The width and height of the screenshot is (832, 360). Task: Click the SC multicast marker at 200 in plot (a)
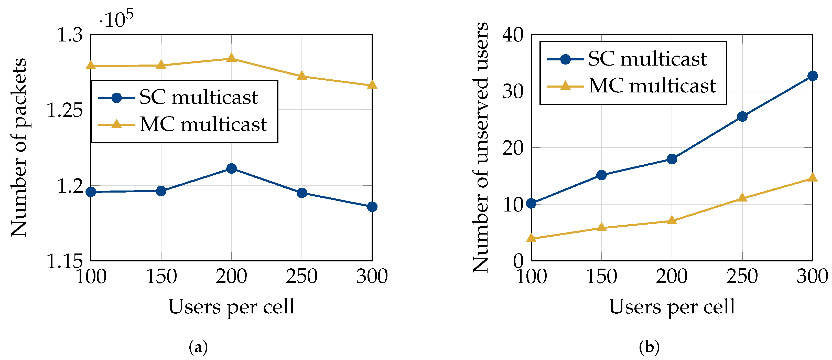231,168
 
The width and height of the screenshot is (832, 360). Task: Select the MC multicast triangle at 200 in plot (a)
231,58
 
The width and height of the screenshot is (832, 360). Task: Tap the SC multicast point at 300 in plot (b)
812,76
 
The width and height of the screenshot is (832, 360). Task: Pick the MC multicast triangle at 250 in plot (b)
742,198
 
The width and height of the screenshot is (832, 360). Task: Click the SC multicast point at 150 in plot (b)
601,175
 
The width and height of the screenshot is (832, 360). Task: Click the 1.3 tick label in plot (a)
70,35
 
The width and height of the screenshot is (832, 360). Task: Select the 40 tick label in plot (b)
513,35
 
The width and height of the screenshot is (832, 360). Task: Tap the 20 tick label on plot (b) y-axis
513,148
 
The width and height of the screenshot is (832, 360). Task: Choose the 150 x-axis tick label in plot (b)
601,276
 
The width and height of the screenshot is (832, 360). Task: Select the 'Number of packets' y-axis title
19,147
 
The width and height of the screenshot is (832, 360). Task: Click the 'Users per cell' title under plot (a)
231,306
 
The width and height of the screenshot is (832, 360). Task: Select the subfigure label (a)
198,347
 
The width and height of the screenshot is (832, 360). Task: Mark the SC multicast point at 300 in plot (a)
372,206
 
